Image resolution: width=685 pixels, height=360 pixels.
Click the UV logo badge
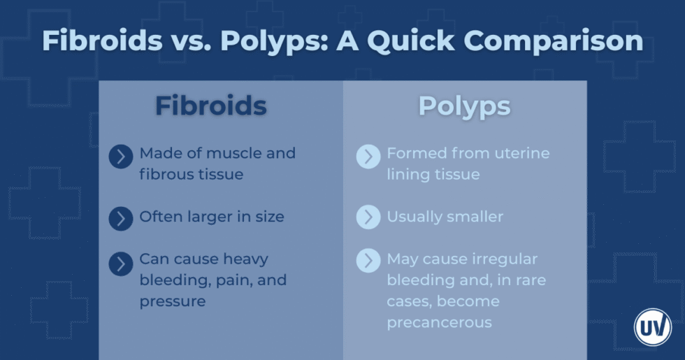click(652, 326)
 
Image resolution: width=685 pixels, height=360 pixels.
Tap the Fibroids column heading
click(210, 106)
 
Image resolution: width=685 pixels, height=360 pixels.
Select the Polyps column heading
click(464, 106)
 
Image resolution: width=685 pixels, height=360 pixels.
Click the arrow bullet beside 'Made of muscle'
click(121, 157)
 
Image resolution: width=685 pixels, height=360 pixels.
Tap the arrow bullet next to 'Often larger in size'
click(121, 219)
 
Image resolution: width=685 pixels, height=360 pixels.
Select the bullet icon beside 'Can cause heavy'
click(121, 264)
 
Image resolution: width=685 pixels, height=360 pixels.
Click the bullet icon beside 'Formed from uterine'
click(368, 157)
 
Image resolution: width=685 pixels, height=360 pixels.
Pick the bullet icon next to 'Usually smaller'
click(368, 217)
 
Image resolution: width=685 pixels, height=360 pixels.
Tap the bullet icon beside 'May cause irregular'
click(368, 261)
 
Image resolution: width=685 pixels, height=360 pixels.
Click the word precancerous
click(440, 322)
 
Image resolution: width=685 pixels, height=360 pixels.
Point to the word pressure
click(173, 301)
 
